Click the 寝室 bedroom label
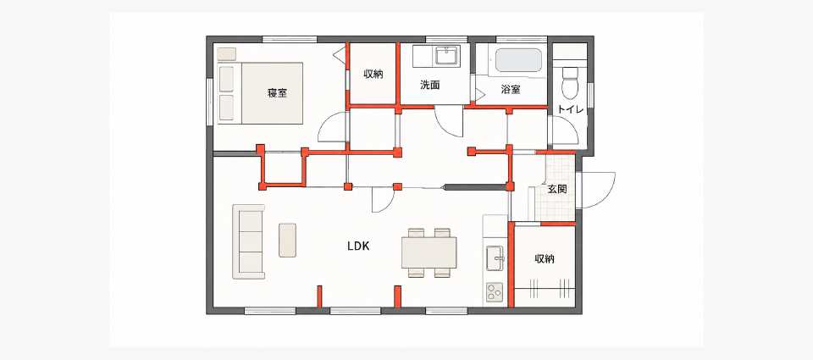click(x=278, y=93)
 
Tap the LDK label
click(x=358, y=246)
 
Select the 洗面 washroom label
click(x=430, y=86)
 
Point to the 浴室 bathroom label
click(x=511, y=89)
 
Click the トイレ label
click(x=571, y=109)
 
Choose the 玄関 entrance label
click(x=557, y=189)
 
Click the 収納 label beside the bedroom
click(x=373, y=75)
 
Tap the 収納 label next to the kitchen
click(x=545, y=258)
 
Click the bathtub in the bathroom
click(x=518, y=61)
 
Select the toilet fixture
click(x=570, y=83)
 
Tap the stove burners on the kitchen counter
click(x=494, y=292)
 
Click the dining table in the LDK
click(x=429, y=252)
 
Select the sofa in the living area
click(x=249, y=241)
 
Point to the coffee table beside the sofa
click(x=287, y=241)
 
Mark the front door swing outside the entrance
click(x=600, y=190)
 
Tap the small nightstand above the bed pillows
click(x=227, y=53)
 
